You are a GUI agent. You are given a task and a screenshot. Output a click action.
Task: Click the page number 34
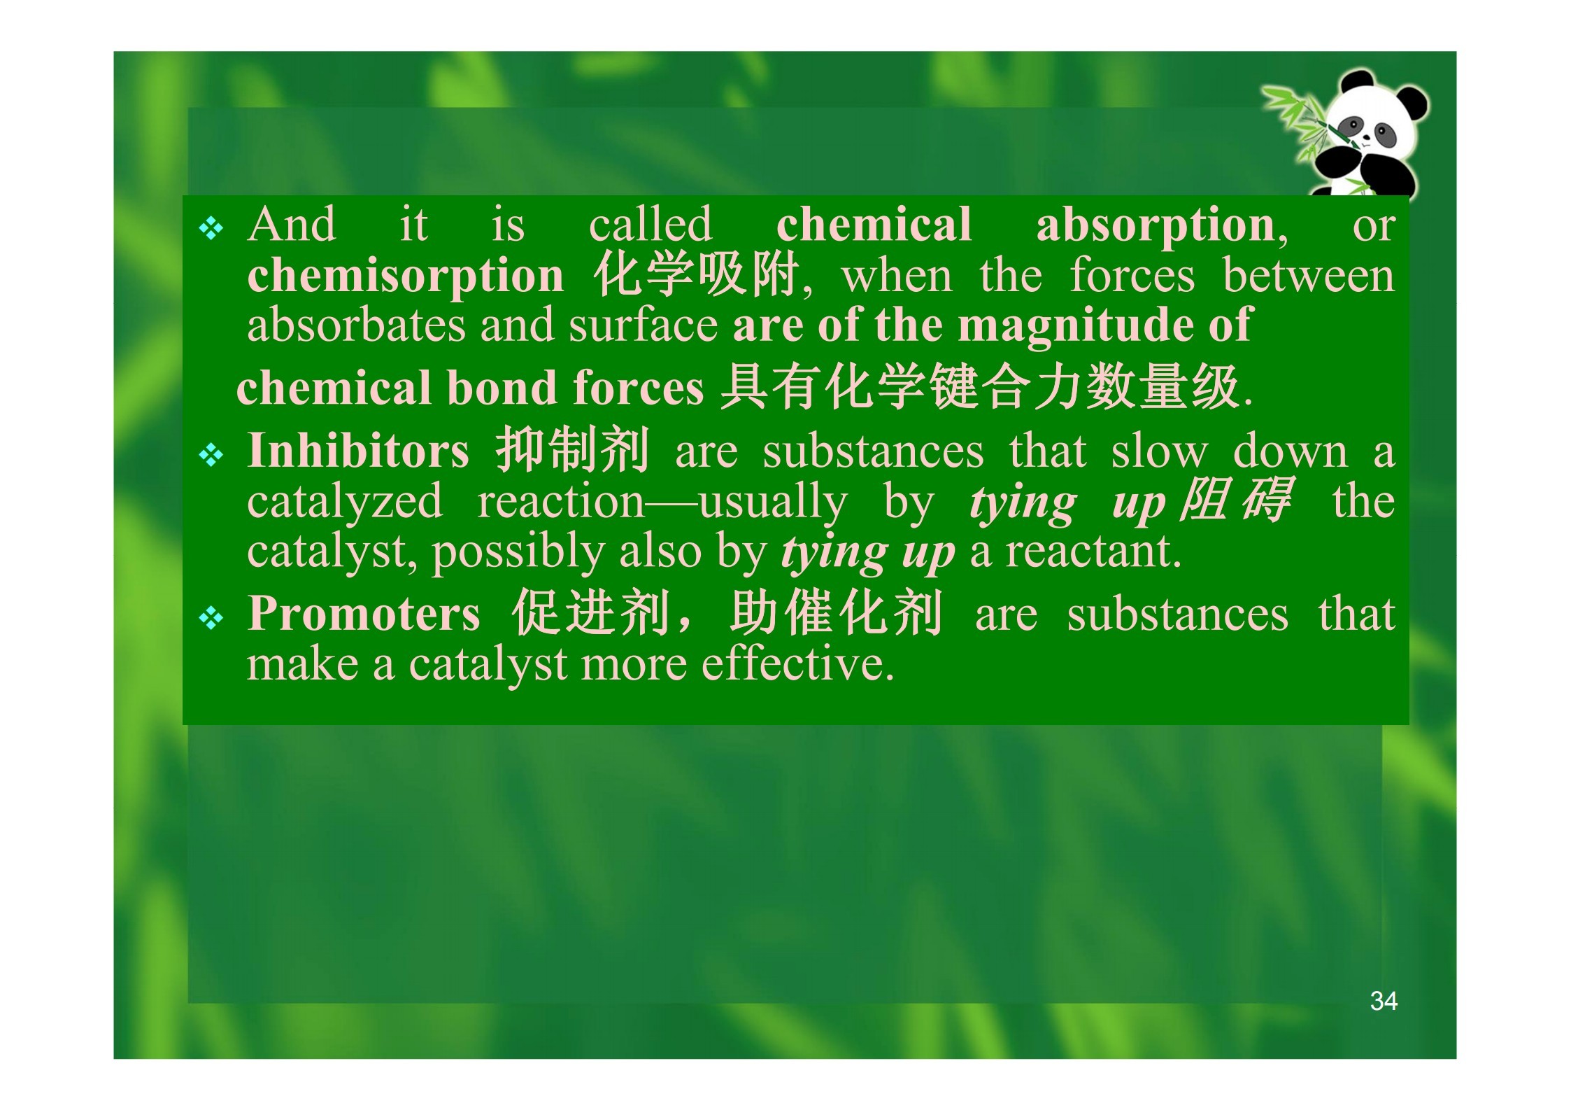pyautogui.click(x=1383, y=1001)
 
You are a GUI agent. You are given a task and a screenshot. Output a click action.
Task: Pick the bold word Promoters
pyautogui.click(x=364, y=614)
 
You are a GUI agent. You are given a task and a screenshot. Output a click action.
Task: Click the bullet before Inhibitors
pyautogui.click(x=211, y=456)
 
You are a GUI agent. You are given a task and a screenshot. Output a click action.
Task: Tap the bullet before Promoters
pyautogui.click(x=211, y=618)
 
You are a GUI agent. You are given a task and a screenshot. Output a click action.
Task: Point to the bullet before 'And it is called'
pyautogui.click(x=211, y=229)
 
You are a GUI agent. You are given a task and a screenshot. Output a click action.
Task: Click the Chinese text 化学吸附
pyautogui.click(x=696, y=274)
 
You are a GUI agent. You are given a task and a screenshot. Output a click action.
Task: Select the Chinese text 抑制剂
pyautogui.click(x=573, y=449)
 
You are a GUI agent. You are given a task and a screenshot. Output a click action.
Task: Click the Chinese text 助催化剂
pyautogui.click(x=836, y=613)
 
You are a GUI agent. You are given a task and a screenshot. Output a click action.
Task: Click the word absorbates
pyautogui.click(x=356, y=325)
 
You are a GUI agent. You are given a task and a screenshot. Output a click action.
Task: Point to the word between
pyautogui.click(x=1309, y=276)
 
